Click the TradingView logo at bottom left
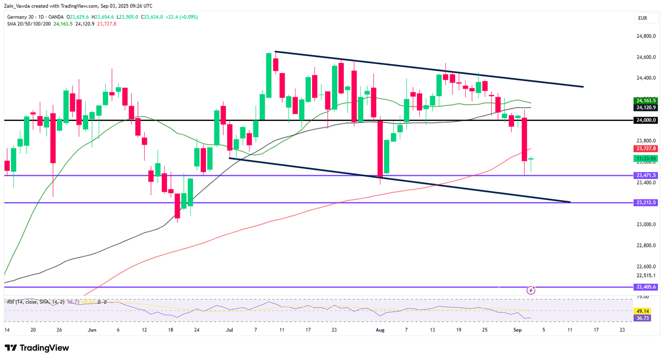tap(37, 348)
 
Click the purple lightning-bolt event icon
tap(531, 290)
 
